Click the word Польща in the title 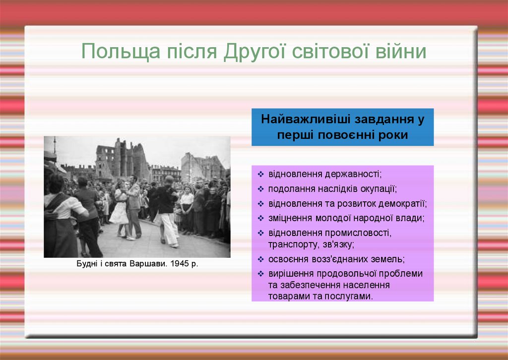121,52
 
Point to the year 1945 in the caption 180,263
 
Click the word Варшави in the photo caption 149,263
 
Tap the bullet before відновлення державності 261,174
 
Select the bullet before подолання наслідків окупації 261,189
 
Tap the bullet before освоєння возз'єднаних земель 261,259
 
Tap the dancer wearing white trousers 168,212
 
